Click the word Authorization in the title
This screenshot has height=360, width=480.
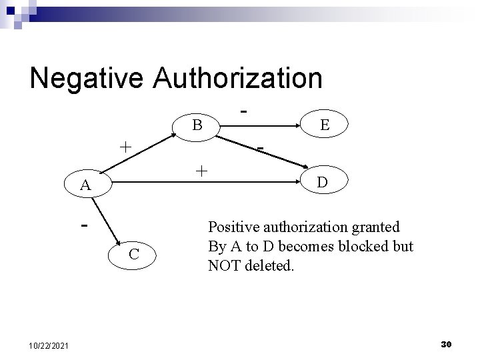coord(238,78)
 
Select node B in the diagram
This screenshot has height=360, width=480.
coord(197,125)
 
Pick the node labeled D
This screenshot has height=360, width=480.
coord(321,181)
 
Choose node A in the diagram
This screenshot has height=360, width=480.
coord(85,185)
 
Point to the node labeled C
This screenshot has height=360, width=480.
coord(133,253)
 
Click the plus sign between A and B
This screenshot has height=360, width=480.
coord(125,147)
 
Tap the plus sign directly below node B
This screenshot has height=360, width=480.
coord(201,171)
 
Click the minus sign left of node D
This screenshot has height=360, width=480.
coord(262,147)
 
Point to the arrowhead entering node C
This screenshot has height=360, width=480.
coord(118,245)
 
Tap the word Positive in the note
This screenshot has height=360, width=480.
coord(231,227)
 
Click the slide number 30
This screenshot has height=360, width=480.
coord(447,343)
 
